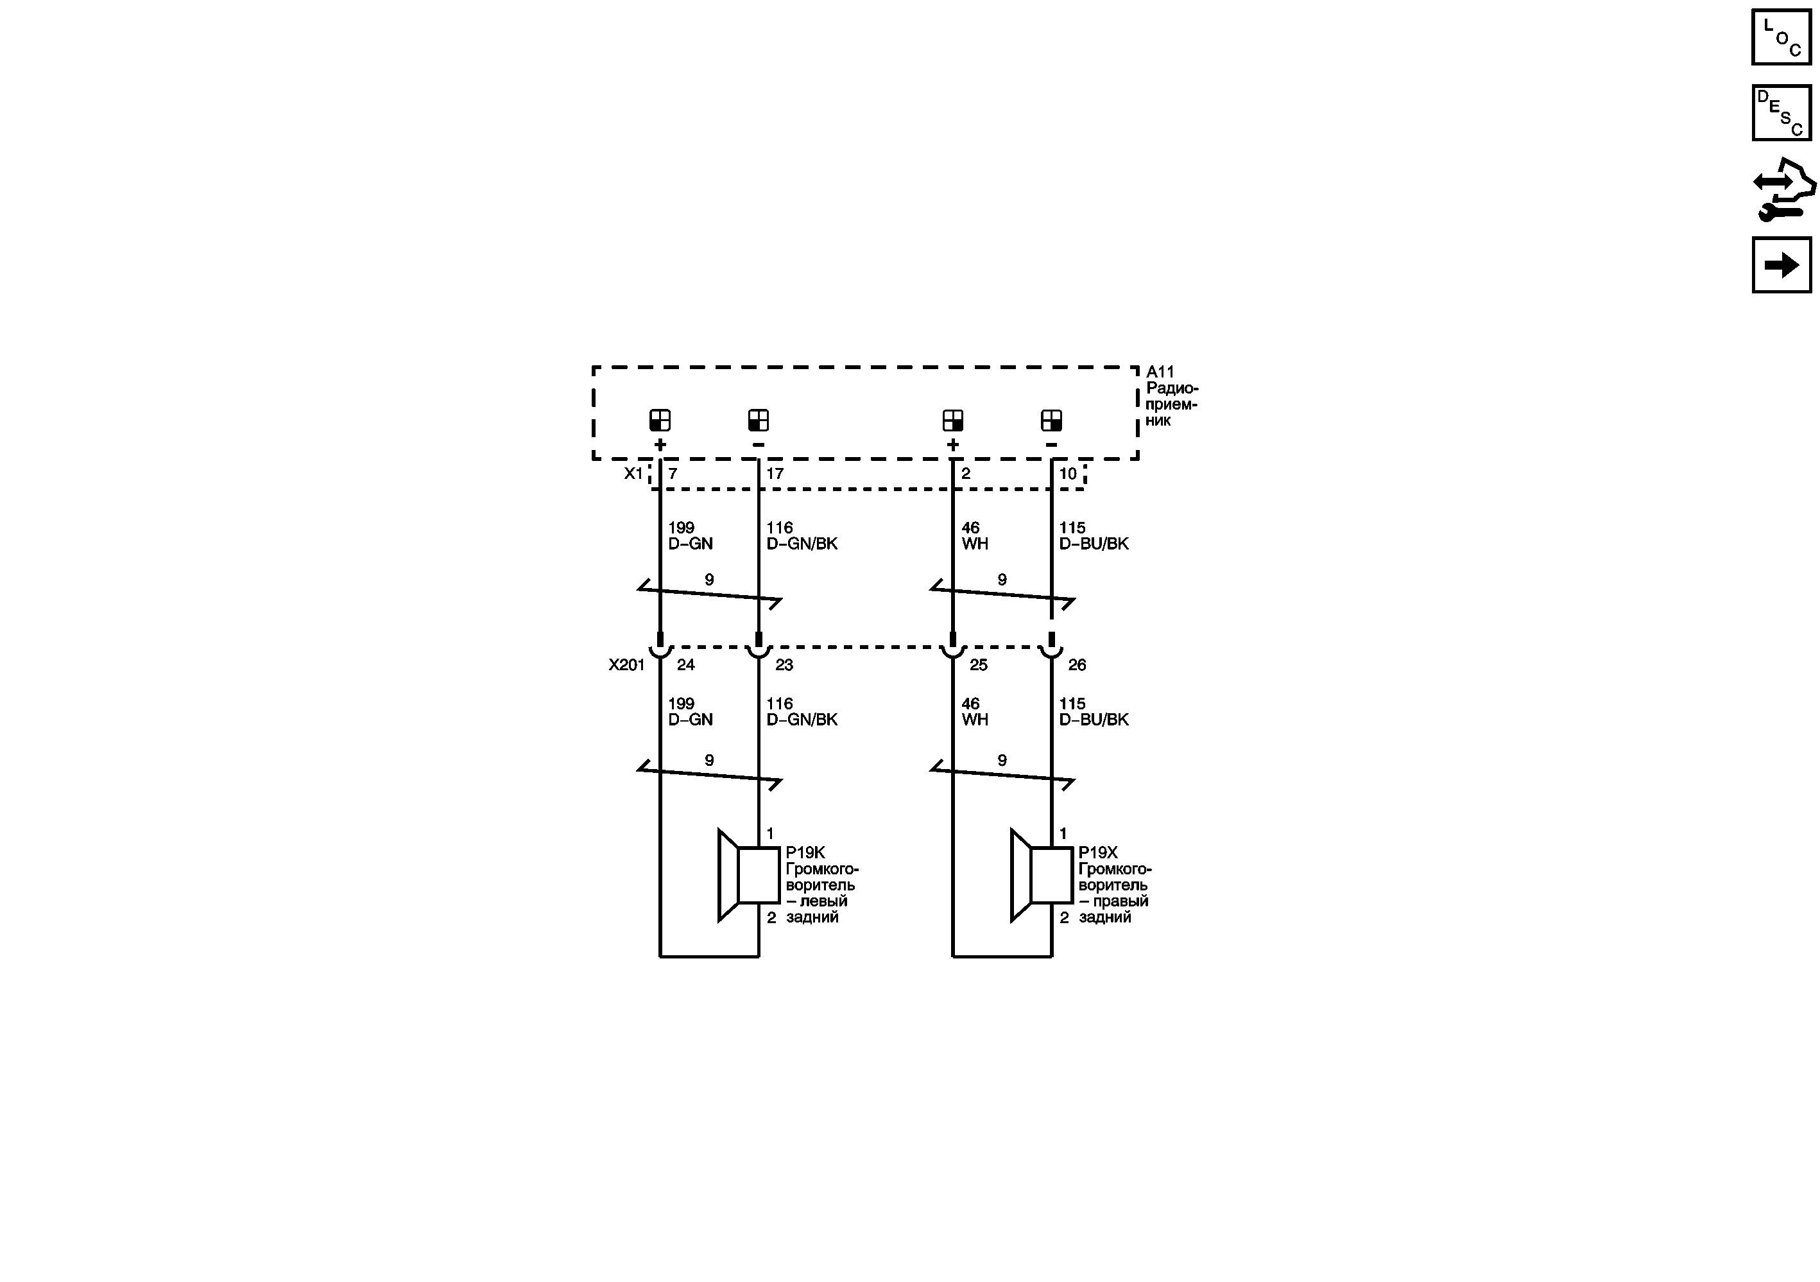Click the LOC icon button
(x=1781, y=37)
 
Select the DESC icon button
(x=1781, y=112)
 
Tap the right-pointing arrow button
(x=1781, y=264)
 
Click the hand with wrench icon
(x=1783, y=189)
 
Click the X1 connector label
(x=633, y=473)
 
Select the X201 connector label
(x=626, y=665)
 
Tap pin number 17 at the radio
(x=775, y=473)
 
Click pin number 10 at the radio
(x=1068, y=473)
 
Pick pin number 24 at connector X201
(x=685, y=665)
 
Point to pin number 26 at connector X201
(x=1076, y=665)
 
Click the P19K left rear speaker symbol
(x=748, y=875)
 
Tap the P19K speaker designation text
(x=805, y=853)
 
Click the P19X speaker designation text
(x=1098, y=853)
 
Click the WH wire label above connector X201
(x=975, y=544)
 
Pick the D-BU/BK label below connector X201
(x=1094, y=720)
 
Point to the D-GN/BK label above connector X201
(x=802, y=544)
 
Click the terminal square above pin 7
(x=660, y=420)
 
